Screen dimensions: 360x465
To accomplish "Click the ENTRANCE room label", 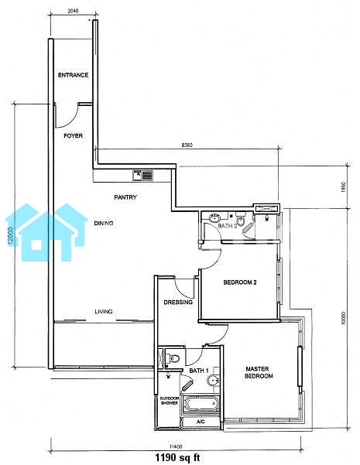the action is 73,75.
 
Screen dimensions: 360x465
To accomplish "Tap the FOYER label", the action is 73,136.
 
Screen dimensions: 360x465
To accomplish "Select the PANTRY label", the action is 125,197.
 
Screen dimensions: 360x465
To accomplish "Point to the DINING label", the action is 104,224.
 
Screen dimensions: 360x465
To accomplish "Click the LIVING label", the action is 104,312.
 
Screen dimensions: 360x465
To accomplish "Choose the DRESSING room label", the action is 178,303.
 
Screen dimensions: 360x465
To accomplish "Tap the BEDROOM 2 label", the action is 240,282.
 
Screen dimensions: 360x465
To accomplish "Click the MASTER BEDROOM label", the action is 259,372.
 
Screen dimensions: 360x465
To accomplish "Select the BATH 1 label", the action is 199,371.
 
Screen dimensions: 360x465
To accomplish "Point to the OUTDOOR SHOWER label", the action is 170,401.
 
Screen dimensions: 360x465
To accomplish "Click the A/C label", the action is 201,422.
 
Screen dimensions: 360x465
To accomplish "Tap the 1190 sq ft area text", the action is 178,457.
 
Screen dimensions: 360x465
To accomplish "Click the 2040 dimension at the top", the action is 73,12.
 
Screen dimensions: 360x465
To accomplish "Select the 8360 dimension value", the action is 187,145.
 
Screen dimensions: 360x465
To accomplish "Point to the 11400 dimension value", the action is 175,447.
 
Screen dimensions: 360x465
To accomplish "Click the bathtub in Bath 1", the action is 201,404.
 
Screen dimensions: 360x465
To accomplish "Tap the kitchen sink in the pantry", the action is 142,175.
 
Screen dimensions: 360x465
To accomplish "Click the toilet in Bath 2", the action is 241,218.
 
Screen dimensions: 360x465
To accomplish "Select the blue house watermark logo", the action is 46,232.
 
